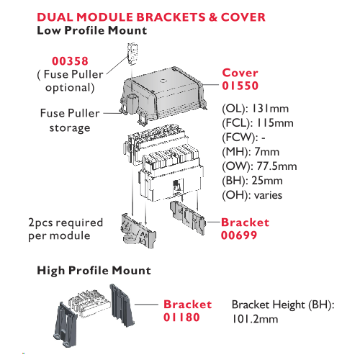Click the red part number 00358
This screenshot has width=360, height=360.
click(x=70, y=61)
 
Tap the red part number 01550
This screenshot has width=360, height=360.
click(x=240, y=86)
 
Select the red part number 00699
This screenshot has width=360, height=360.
click(x=239, y=235)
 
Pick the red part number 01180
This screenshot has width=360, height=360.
click(x=181, y=318)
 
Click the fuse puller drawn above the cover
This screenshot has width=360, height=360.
click(x=132, y=53)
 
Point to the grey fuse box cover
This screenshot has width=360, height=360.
click(x=163, y=96)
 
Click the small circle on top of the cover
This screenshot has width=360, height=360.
click(x=163, y=80)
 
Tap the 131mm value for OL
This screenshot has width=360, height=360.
click(x=270, y=109)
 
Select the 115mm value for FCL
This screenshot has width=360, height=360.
click(x=275, y=123)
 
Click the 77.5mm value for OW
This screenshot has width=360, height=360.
click(x=276, y=166)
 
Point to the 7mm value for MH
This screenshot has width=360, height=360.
click(x=267, y=152)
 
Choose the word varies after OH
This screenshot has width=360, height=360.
click(x=268, y=195)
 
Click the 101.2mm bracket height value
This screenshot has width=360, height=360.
click(x=255, y=319)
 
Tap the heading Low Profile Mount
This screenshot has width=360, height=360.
click(x=92, y=30)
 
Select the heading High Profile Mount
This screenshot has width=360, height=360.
click(x=94, y=271)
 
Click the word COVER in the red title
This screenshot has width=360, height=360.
click(x=243, y=17)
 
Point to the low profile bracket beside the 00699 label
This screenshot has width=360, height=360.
click(x=188, y=218)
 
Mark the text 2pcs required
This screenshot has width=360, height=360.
click(x=66, y=222)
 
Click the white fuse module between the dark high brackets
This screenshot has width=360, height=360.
click(x=90, y=303)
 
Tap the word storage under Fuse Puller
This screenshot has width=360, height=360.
click(x=70, y=128)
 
